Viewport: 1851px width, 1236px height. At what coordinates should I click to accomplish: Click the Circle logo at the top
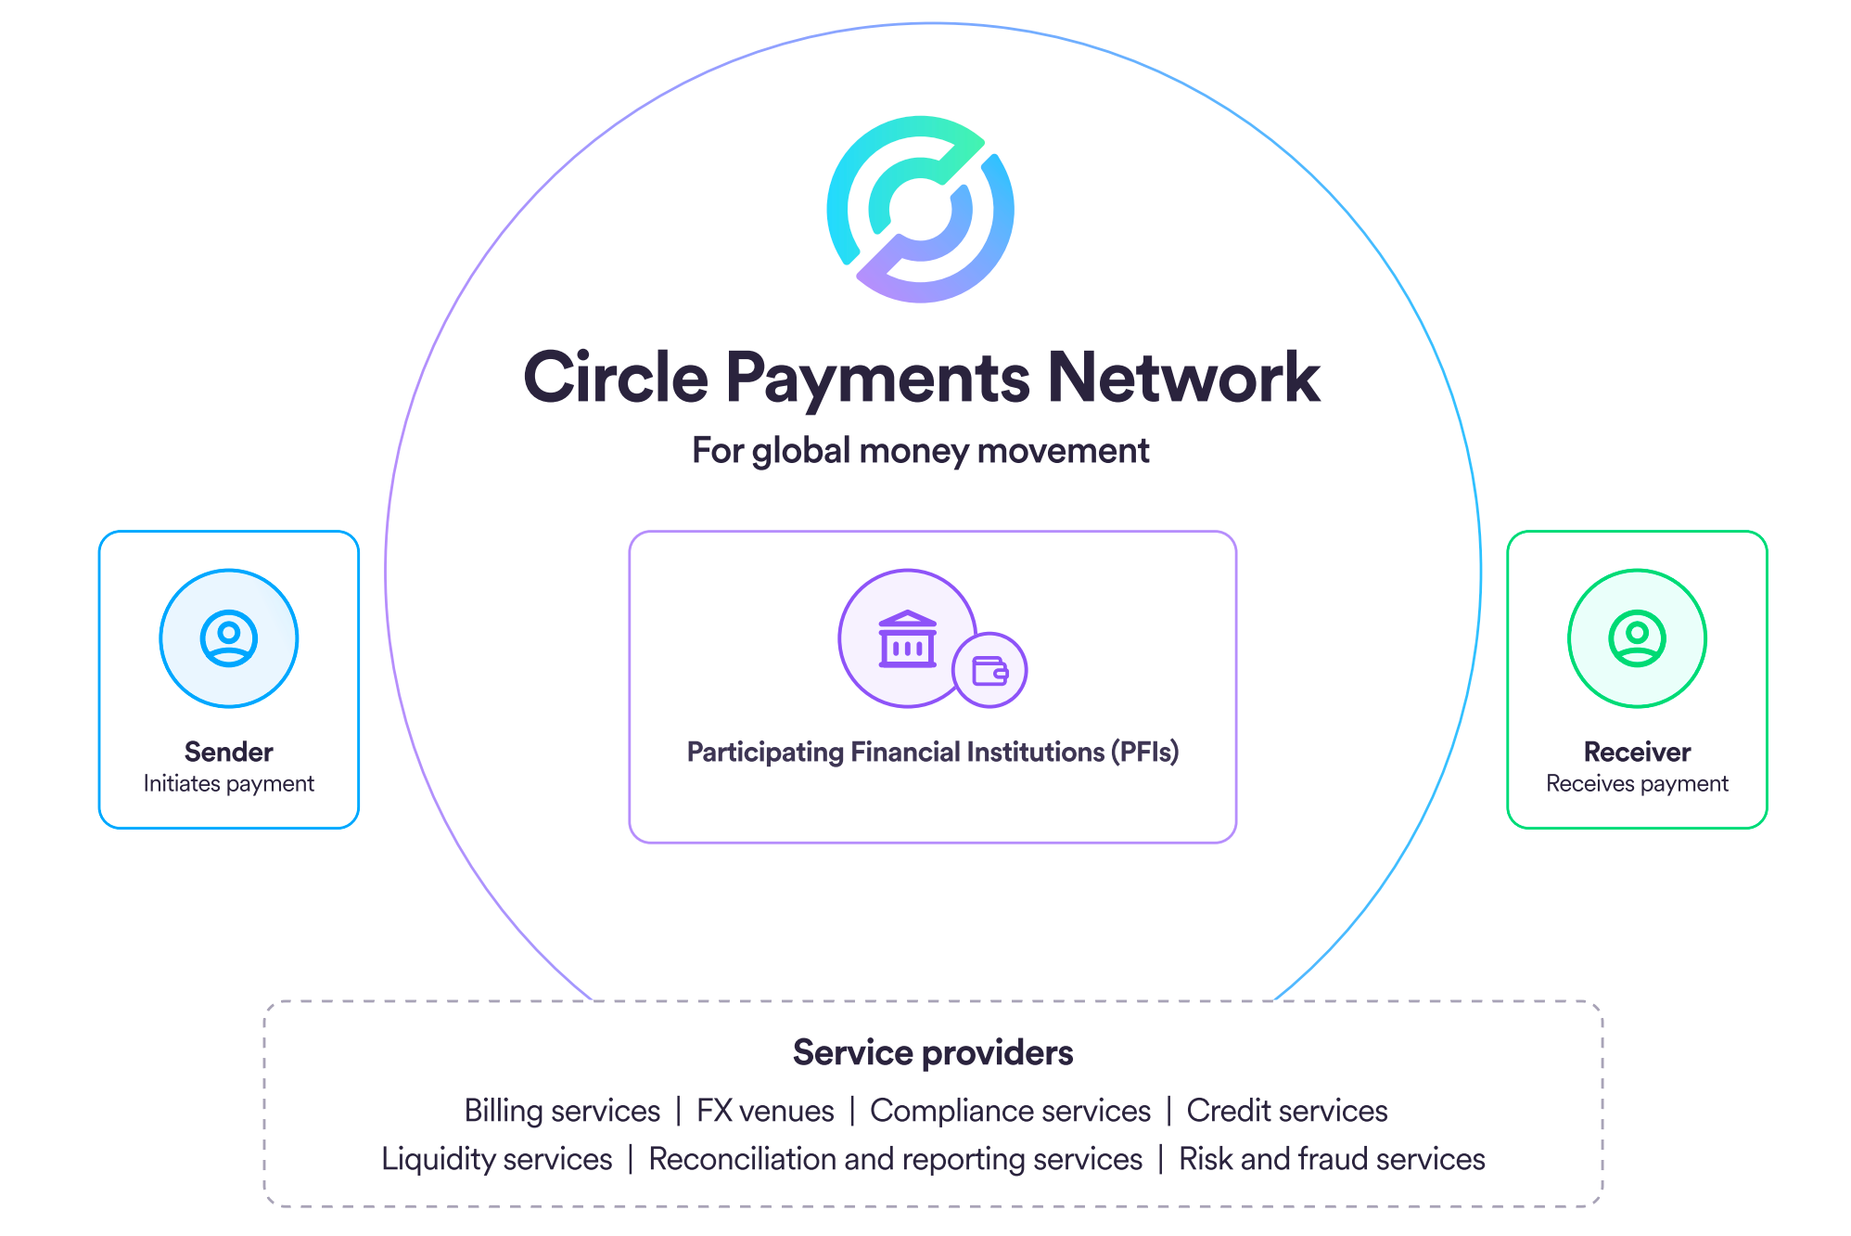pos(920,209)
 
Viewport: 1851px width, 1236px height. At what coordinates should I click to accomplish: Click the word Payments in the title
pos(876,378)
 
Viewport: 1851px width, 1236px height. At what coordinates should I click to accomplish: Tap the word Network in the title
pos(1182,378)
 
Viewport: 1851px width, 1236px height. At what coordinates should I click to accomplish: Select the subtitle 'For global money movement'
pos(920,451)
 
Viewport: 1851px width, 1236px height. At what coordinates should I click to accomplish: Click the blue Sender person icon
pos(228,638)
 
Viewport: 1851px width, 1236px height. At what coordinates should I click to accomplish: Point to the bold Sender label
pos(228,752)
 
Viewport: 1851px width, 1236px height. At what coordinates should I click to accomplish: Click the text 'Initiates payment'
pos(228,784)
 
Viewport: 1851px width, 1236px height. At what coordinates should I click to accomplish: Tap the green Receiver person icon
pos(1637,638)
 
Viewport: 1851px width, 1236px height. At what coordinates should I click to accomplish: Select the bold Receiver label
pos(1637,752)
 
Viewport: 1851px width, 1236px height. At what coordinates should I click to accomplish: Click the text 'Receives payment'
pos(1637,784)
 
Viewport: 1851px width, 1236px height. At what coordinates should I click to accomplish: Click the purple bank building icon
pos(907,638)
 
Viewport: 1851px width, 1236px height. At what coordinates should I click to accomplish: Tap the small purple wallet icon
pos(989,670)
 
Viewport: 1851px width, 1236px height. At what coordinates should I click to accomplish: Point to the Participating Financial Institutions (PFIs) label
pos(932,752)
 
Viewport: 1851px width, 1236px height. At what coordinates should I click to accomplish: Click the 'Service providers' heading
pos(932,1053)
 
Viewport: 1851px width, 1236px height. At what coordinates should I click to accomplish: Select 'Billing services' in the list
pos(562,1111)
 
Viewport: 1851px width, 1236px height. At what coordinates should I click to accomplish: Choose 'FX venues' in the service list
pos(765,1111)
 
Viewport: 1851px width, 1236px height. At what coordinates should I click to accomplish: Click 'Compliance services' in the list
pos(1010,1111)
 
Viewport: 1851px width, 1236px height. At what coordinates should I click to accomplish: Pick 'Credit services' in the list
pos(1286,1111)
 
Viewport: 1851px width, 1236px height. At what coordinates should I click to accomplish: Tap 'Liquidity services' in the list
pos(497,1159)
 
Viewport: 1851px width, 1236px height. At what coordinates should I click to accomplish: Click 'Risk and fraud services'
pos(1332,1159)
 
